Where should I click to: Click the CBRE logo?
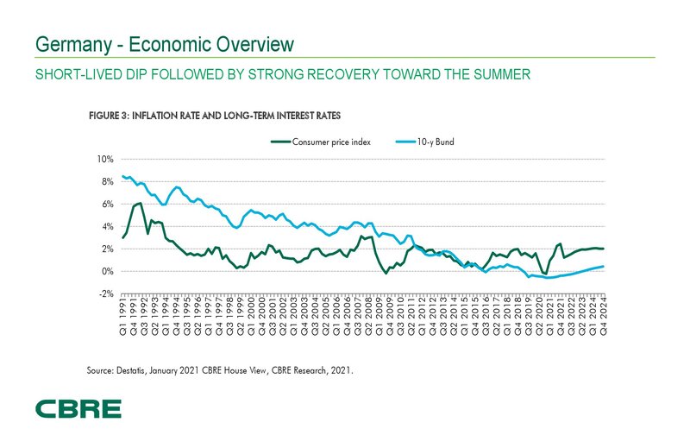click(78, 408)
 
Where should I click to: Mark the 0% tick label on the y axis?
click(106, 271)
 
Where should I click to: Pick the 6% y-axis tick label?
click(106, 205)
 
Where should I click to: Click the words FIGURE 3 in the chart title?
click(110, 115)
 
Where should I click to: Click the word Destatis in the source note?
click(135, 369)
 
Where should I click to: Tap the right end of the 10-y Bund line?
click(603, 266)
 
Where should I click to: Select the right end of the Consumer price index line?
click(603, 249)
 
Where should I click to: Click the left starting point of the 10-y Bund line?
click(123, 176)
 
